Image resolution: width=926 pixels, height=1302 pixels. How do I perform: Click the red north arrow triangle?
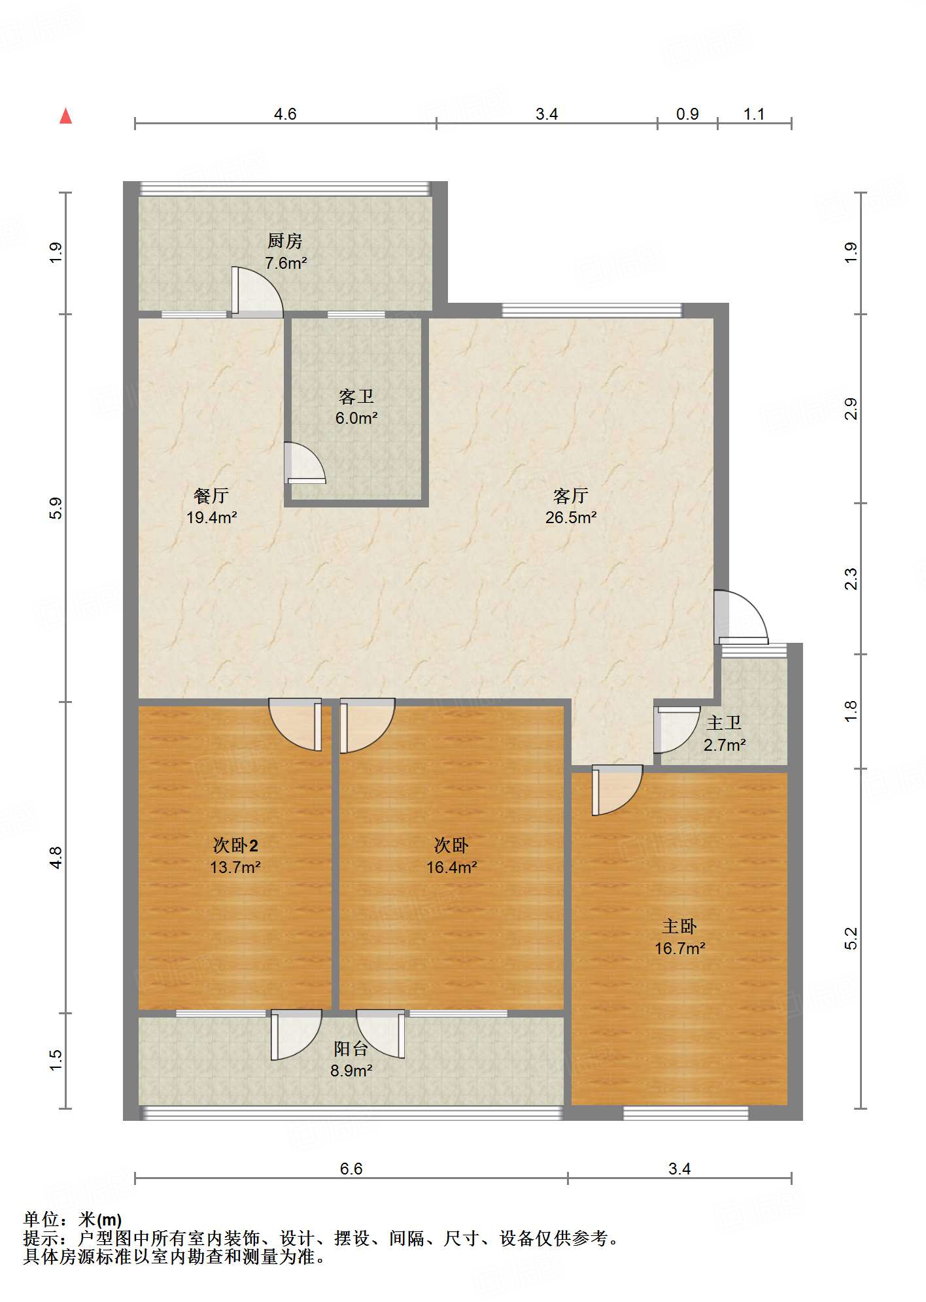click(x=65, y=116)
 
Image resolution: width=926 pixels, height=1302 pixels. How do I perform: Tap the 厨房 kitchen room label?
click(x=285, y=241)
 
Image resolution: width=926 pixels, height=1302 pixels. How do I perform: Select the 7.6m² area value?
click(x=286, y=263)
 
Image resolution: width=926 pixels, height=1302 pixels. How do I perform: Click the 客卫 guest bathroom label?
click(x=356, y=396)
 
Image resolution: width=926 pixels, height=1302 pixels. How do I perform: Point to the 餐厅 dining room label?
click(x=211, y=496)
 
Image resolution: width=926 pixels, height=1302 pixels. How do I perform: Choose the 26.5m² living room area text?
click(x=571, y=517)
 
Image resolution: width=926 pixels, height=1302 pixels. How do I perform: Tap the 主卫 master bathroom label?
click(x=724, y=723)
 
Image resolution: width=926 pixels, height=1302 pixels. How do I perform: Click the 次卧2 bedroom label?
click(x=235, y=846)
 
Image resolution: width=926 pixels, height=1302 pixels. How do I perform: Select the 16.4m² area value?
click(x=452, y=867)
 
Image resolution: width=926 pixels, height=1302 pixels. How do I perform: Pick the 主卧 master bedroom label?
click(x=679, y=927)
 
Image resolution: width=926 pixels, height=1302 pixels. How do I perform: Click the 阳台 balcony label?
click(x=351, y=1049)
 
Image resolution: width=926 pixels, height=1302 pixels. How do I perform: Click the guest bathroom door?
click(x=305, y=463)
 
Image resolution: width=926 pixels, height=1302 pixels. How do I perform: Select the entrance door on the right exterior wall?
click(x=741, y=617)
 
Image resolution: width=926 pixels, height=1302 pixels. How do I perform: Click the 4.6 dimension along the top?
click(x=285, y=114)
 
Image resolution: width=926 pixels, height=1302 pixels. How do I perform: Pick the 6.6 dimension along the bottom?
click(x=351, y=1169)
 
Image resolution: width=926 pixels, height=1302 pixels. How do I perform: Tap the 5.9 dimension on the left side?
click(x=56, y=508)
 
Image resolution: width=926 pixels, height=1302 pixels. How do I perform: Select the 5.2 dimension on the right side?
click(x=850, y=938)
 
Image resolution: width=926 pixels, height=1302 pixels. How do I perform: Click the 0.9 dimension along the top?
click(x=687, y=114)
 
